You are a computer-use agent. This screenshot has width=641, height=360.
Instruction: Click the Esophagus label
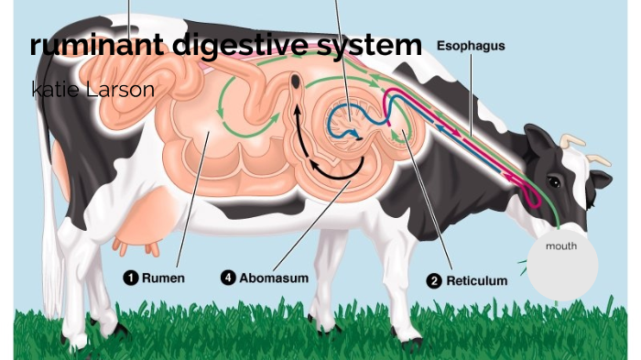(471, 45)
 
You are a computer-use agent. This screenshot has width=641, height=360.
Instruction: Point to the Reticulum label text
(476, 281)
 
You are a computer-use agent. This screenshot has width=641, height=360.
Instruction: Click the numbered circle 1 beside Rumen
(132, 278)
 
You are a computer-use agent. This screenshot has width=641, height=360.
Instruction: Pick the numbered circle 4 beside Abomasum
(230, 278)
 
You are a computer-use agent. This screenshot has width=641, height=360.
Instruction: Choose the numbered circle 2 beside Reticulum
(435, 281)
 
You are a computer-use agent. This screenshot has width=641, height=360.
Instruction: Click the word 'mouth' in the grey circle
(561, 246)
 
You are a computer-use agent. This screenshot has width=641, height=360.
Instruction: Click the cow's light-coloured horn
(575, 141)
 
